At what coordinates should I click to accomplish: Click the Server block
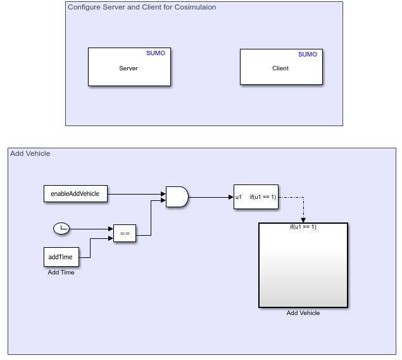click(129, 67)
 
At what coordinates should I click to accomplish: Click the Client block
click(280, 67)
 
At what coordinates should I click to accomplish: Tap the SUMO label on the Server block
click(155, 53)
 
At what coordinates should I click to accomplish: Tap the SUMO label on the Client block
click(307, 55)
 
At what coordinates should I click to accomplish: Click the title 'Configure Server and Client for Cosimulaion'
click(141, 7)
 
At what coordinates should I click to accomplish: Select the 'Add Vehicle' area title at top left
click(30, 153)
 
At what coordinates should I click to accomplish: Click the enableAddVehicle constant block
click(75, 194)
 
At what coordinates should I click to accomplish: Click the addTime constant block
click(61, 257)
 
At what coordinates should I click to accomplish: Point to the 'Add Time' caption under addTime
click(61, 273)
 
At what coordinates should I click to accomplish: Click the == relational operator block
click(125, 234)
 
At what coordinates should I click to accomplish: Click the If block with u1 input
click(256, 196)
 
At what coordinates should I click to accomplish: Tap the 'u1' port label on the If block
click(239, 196)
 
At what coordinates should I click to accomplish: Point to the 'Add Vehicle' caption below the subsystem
click(303, 312)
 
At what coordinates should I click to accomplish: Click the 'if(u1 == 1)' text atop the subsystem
click(303, 227)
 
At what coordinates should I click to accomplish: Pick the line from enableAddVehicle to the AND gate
click(136, 194)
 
